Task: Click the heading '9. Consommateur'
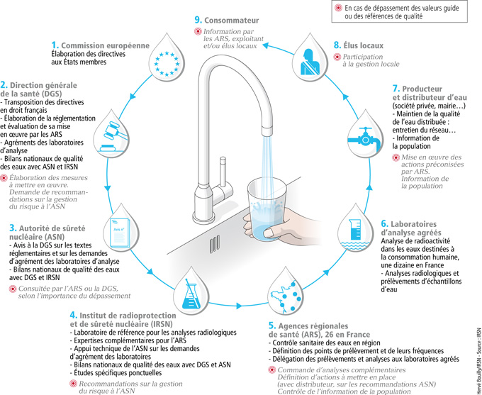(226, 21)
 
